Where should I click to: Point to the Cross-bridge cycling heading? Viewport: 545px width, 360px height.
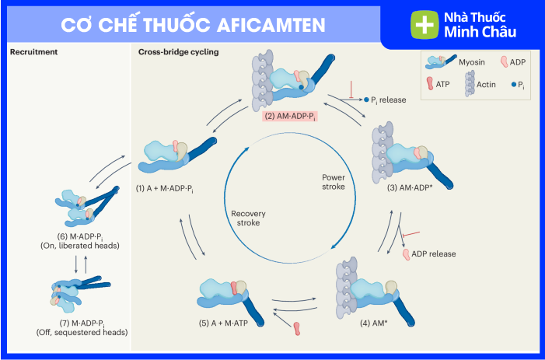179,53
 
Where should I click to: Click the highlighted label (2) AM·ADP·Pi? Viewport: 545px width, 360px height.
290,117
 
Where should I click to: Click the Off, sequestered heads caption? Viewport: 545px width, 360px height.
82,332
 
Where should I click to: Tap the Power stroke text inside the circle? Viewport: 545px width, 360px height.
334,182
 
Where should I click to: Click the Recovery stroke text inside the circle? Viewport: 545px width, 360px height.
250,217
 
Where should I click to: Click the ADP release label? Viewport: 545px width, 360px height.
433,253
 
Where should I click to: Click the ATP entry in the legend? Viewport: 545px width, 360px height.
444,83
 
